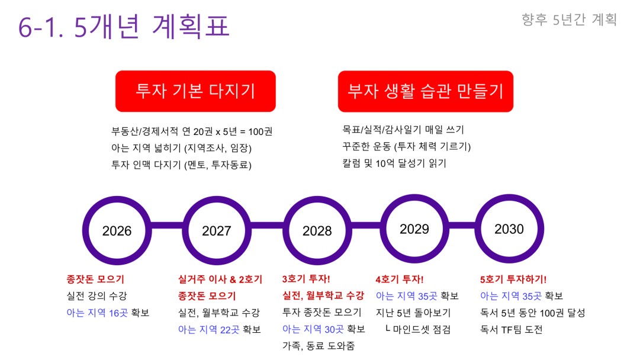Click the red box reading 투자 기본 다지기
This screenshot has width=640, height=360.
(195, 91)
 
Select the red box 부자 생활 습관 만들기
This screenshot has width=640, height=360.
(425, 91)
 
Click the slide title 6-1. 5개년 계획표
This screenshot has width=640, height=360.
(124, 26)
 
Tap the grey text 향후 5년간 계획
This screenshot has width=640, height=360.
(569, 19)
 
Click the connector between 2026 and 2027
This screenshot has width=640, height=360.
(166, 226)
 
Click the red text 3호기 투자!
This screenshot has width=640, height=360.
(306, 279)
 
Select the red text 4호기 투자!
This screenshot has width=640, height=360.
(400, 279)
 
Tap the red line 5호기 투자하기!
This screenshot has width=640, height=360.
(513, 279)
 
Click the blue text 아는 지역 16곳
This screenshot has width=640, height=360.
(97, 313)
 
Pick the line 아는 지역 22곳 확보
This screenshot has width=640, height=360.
(219, 329)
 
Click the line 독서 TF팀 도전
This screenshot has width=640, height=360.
(511, 329)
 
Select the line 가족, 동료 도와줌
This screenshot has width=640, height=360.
(319, 346)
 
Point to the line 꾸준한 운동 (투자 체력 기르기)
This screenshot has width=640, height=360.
(407, 146)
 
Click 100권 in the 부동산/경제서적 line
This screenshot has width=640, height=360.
(260, 131)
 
